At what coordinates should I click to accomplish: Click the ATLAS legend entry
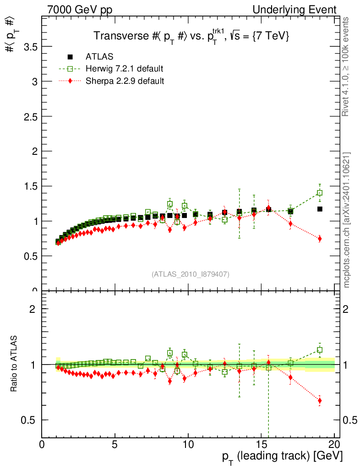pyautogui.click(x=99, y=57)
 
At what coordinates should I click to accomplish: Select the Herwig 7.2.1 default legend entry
pyautogui.click(x=124, y=69)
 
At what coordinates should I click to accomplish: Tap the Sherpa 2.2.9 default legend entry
pyautogui.click(x=125, y=81)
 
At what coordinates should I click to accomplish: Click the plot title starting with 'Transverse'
pyautogui.click(x=191, y=36)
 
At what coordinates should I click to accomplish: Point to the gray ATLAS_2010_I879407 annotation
pyautogui.click(x=191, y=274)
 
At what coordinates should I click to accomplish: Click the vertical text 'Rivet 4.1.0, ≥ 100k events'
pyautogui.click(x=347, y=66)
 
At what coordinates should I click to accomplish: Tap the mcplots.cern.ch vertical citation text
pyautogui.click(x=347, y=220)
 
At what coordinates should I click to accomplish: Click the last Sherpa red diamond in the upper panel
pyautogui.click(x=319, y=239)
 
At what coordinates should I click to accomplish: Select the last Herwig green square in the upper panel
pyautogui.click(x=319, y=193)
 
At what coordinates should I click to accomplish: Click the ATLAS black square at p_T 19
pyautogui.click(x=319, y=209)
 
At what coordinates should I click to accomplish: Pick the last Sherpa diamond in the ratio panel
pyautogui.click(x=319, y=401)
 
